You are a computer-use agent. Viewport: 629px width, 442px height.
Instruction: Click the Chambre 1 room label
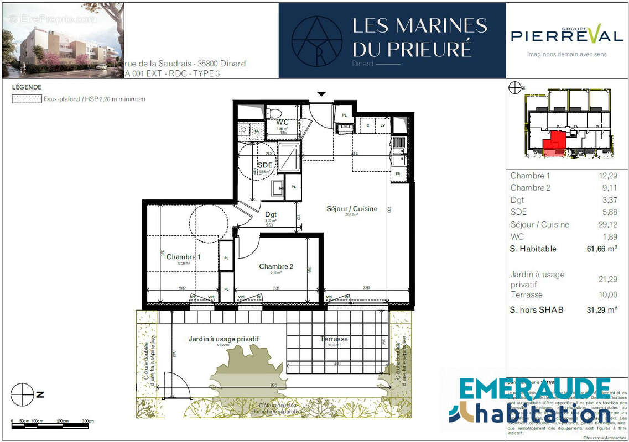183,257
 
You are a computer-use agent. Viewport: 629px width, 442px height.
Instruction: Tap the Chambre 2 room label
276,266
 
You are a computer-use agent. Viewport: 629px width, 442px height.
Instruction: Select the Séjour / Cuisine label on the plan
352,209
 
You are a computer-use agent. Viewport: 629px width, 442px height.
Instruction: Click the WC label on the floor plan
283,122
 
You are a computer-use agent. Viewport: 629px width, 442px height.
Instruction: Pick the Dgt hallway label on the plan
271,214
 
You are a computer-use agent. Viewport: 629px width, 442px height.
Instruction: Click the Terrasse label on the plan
334,339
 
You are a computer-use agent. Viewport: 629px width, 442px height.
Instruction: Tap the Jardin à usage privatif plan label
223,339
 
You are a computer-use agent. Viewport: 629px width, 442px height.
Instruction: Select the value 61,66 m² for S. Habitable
602,249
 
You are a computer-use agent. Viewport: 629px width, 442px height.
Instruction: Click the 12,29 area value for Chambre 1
607,176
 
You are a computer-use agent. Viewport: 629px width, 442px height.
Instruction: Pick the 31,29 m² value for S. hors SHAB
602,310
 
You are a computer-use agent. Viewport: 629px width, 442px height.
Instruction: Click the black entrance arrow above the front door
321,94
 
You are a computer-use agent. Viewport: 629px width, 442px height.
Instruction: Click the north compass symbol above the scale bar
22,394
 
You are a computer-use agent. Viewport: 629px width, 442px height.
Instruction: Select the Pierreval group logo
566,36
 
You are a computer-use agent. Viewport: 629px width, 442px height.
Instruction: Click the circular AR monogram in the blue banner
316,40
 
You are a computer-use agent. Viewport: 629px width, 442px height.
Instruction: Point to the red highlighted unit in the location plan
555,143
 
